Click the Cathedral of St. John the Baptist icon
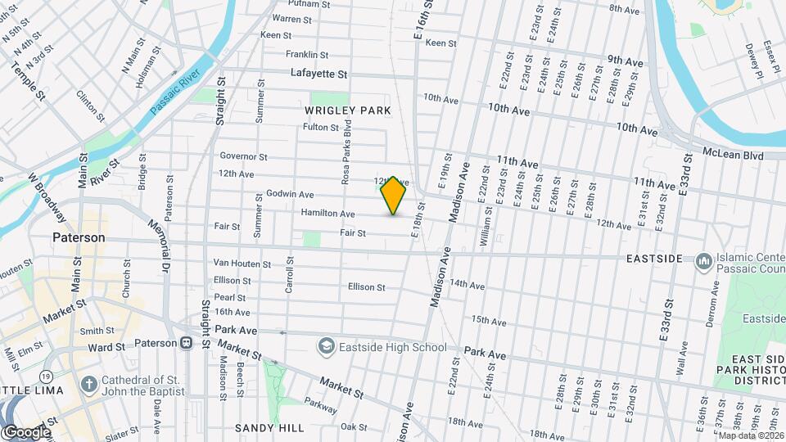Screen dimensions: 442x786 88,382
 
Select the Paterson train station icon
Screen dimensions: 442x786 186,343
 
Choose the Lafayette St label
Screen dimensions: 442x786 319,74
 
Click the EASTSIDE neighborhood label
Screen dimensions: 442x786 654,259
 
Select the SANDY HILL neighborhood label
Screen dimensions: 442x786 269,428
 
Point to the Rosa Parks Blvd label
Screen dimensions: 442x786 347,153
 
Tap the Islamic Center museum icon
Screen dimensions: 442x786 703,261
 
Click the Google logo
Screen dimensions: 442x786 26,431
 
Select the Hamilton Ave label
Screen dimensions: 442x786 327,214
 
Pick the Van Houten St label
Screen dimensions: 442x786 242,264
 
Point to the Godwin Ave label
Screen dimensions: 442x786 290,195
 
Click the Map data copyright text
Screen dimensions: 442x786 751,435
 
